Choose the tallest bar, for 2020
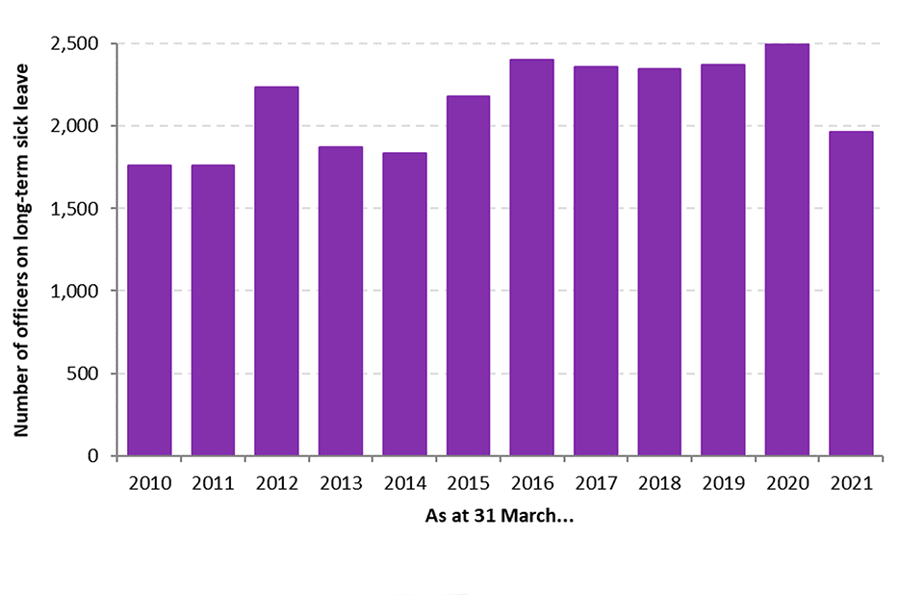[x=786, y=249]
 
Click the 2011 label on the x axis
[x=213, y=483]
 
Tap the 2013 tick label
[x=341, y=483]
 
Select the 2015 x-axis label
[x=468, y=483]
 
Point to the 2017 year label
[x=596, y=483]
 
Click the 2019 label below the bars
[x=723, y=483]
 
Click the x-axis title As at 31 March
[x=500, y=515]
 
